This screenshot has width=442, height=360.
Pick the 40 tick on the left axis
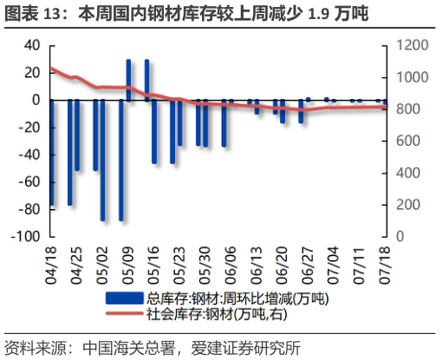tap(31, 45)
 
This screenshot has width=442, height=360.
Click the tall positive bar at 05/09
tap(129, 80)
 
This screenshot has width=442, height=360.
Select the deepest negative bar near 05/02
tap(102, 160)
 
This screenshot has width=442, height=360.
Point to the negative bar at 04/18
tap(51, 153)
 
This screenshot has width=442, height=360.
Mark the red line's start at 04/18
tap(51, 68)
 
